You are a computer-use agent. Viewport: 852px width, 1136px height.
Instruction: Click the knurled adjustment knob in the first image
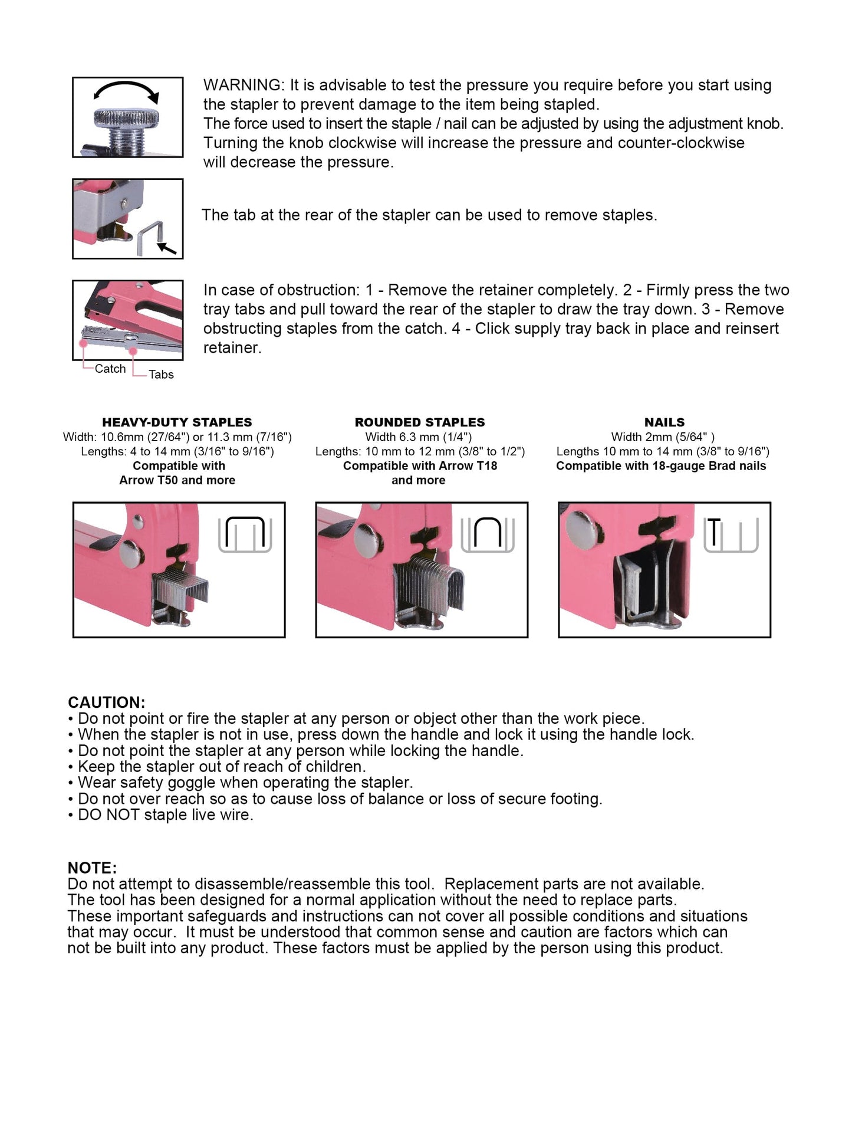pyautogui.click(x=126, y=117)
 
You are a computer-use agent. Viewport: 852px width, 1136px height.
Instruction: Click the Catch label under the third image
pyautogui.click(x=110, y=369)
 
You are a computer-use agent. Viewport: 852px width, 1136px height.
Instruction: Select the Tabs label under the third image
pyautogui.click(x=161, y=375)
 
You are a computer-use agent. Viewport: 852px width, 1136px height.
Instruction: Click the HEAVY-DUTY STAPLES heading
pyautogui.click(x=177, y=422)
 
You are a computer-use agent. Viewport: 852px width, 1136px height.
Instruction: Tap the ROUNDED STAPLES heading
pyautogui.click(x=420, y=422)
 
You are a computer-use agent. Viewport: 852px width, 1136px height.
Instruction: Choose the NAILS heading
pyautogui.click(x=665, y=422)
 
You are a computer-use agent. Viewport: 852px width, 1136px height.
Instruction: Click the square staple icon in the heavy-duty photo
pyautogui.click(x=245, y=534)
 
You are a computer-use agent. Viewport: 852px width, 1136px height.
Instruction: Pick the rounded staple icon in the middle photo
pyautogui.click(x=488, y=534)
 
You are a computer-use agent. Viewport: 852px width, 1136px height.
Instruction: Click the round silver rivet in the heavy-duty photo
pyautogui.click(x=131, y=553)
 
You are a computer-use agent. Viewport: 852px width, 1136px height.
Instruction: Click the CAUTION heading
pyautogui.click(x=106, y=702)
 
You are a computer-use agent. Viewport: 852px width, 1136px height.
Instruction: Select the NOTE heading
pyautogui.click(x=92, y=868)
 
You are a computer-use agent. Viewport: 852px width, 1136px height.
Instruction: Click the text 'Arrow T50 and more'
pyautogui.click(x=177, y=480)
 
